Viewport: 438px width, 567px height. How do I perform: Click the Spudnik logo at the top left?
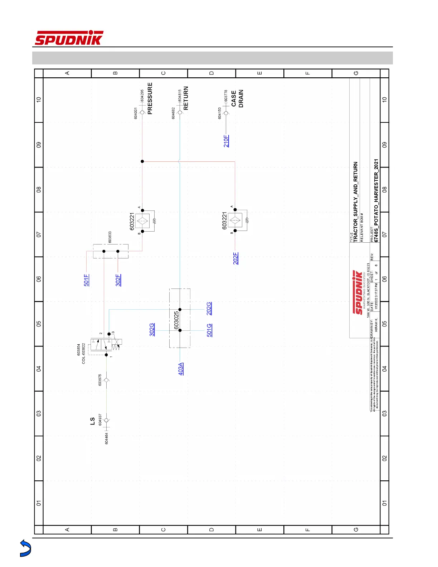coord(69,38)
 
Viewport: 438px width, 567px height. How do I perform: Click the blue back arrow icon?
coord(25,548)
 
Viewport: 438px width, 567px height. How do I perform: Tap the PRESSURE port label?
coord(150,98)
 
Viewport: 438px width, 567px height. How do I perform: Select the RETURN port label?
coord(186,98)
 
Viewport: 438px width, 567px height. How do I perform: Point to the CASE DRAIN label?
coord(237,98)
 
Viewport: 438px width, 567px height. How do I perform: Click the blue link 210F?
coord(226,141)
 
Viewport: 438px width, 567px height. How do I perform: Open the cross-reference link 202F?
coord(236,258)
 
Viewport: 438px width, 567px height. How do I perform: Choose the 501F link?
coord(86,280)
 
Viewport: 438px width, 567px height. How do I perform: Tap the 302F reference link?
coord(118,280)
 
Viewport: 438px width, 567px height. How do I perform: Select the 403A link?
coord(181,369)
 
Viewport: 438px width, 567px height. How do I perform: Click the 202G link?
coord(209,309)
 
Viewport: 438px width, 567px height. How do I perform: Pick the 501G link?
coord(209,330)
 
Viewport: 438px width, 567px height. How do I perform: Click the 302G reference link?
coord(152,330)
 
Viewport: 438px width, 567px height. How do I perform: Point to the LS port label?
coord(92,421)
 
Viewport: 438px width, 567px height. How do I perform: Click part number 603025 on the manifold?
coord(176,320)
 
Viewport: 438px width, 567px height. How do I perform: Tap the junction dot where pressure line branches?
coord(142,161)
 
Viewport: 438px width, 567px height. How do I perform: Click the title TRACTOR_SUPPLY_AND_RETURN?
coord(355,202)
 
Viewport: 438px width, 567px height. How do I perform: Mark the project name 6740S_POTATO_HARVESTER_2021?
coord(376,200)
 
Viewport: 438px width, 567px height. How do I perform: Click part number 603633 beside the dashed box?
coord(110,237)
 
